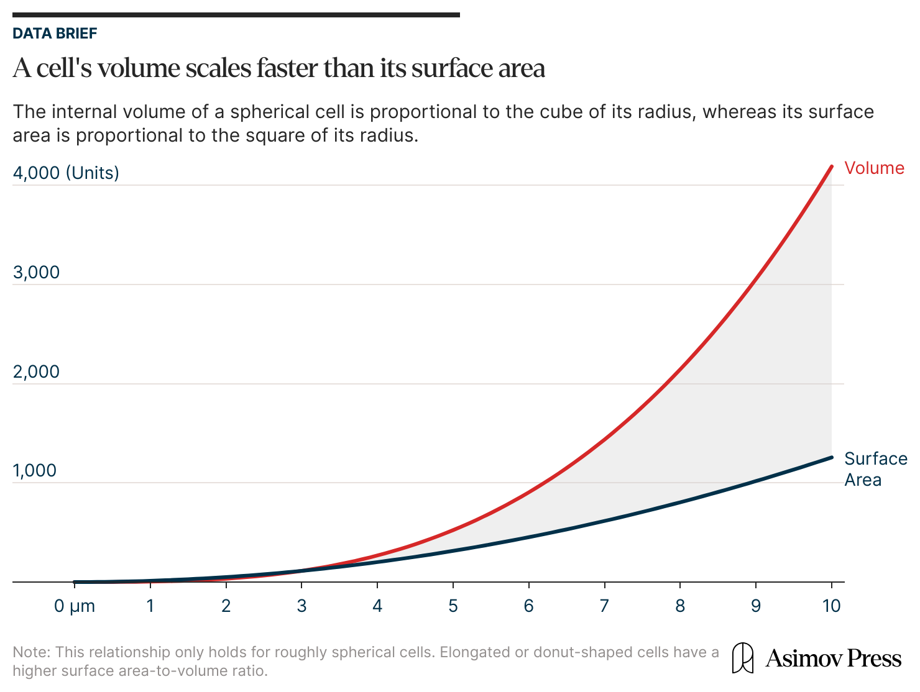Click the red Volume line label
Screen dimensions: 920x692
(x=874, y=168)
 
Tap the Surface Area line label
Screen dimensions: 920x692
(x=876, y=469)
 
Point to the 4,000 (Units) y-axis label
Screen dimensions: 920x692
(x=66, y=173)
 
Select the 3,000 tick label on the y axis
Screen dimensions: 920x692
(x=36, y=273)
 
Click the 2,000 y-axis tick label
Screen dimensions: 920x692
(x=36, y=371)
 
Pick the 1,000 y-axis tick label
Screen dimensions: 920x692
(x=34, y=471)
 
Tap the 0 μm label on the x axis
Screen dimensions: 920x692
(x=74, y=606)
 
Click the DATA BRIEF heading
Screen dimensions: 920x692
(x=55, y=34)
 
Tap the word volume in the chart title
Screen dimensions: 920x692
(x=139, y=68)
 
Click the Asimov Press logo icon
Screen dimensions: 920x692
(x=742, y=658)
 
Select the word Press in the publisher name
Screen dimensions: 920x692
(x=874, y=658)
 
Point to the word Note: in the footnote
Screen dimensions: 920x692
(x=32, y=652)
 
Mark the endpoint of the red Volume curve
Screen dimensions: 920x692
(x=832, y=166)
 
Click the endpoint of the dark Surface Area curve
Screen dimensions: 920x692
(x=832, y=458)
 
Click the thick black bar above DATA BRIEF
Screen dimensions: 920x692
(x=236, y=15)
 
